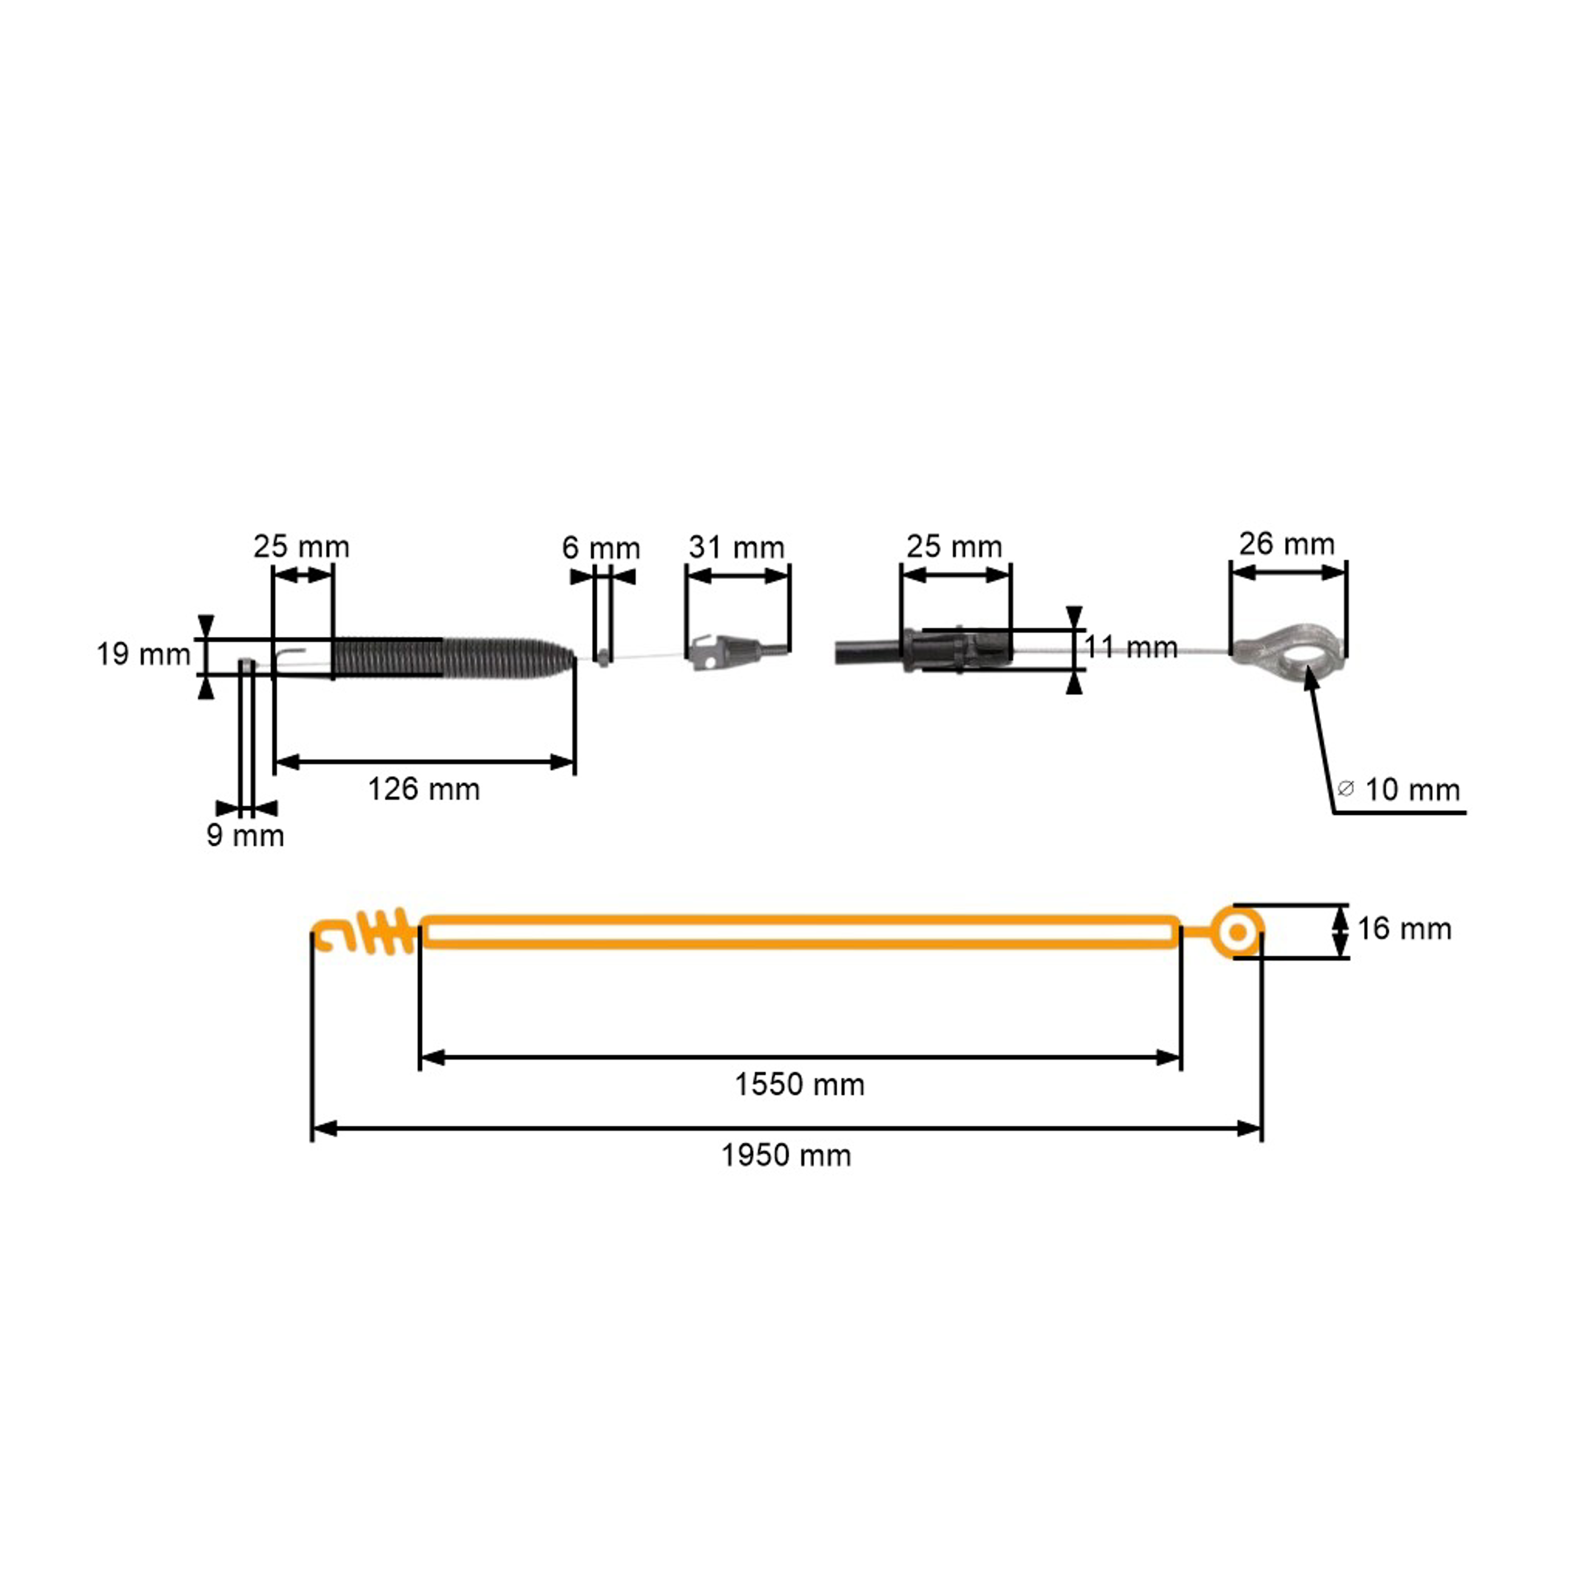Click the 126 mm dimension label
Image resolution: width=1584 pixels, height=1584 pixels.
(x=423, y=789)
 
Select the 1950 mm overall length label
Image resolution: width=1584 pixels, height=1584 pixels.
(x=786, y=1156)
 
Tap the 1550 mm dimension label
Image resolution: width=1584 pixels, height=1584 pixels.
(x=798, y=1085)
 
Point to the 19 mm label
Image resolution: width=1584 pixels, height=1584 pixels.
(x=143, y=654)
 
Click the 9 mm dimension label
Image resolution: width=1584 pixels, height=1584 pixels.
(x=245, y=835)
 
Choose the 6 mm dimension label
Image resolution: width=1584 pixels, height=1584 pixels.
(x=600, y=548)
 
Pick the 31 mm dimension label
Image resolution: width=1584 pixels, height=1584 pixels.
(x=736, y=547)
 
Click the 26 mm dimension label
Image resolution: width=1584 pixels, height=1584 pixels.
(x=1286, y=544)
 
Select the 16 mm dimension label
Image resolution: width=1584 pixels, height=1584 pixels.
(x=1403, y=929)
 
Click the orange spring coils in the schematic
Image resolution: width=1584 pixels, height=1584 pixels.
(x=388, y=932)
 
